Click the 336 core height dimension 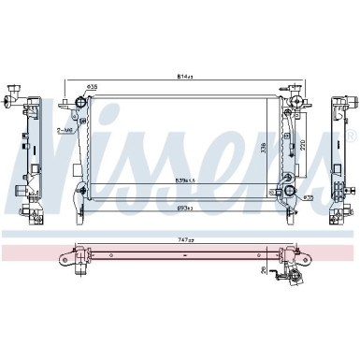coord(265,147)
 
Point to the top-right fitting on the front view coord(296,99)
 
